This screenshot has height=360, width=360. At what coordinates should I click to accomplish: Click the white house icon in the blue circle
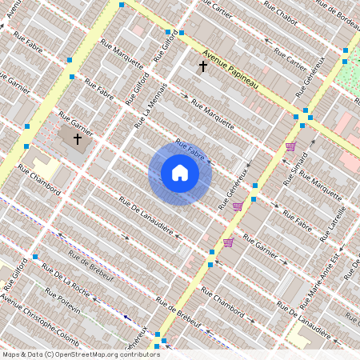pyautogui.click(x=180, y=173)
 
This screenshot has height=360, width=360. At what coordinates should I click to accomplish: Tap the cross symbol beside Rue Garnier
pyautogui.click(x=78, y=139)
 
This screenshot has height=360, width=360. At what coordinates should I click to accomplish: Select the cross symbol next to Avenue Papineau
pyautogui.click(x=203, y=66)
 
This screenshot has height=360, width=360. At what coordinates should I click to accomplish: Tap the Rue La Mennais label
pyautogui.click(x=153, y=104)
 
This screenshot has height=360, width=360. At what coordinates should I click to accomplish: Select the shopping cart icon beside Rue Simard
pyautogui.click(x=290, y=146)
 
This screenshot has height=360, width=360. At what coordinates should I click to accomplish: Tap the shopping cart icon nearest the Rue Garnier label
pyautogui.click(x=228, y=242)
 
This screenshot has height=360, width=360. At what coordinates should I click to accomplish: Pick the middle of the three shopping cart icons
pyautogui.click(x=237, y=206)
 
